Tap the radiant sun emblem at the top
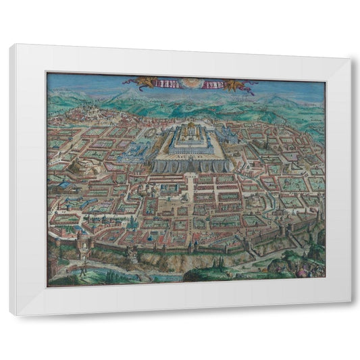click(190, 83)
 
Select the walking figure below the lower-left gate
click(83, 271)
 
